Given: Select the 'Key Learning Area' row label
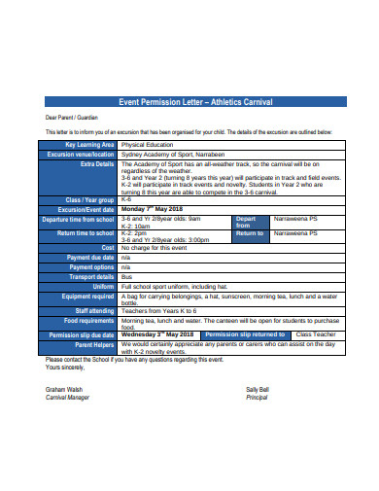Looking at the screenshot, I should [x=88, y=144].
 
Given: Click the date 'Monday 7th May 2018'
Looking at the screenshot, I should [x=153, y=208].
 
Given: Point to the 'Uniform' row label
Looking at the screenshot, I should [x=102, y=287].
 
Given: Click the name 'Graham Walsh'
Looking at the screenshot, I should [x=65, y=388].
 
